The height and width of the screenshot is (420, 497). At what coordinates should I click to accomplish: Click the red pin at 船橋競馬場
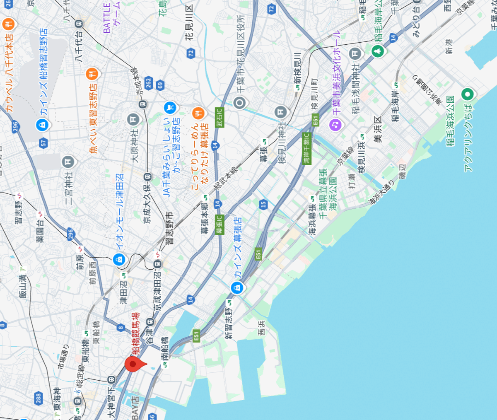[133, 364]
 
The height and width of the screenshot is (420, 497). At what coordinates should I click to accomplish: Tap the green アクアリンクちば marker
[468, 95]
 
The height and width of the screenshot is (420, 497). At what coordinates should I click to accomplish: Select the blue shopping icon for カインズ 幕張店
[237, 287]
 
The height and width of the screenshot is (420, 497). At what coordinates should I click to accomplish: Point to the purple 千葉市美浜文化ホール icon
[335, 124]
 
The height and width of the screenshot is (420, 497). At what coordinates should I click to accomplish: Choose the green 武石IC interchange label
[219, 117]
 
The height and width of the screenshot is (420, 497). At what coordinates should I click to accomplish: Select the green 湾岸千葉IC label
[306, 148]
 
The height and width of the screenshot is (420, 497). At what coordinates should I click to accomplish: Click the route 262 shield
[148, 83]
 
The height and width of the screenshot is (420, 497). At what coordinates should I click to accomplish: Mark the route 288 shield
[39, 398]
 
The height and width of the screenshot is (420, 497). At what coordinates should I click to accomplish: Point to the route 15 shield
[263, 204]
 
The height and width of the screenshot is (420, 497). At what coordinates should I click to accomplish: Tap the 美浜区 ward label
[377, 130]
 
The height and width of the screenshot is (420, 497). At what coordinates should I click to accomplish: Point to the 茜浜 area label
[261, 328]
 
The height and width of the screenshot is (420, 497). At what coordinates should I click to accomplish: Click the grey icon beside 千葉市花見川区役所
[239, 102]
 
